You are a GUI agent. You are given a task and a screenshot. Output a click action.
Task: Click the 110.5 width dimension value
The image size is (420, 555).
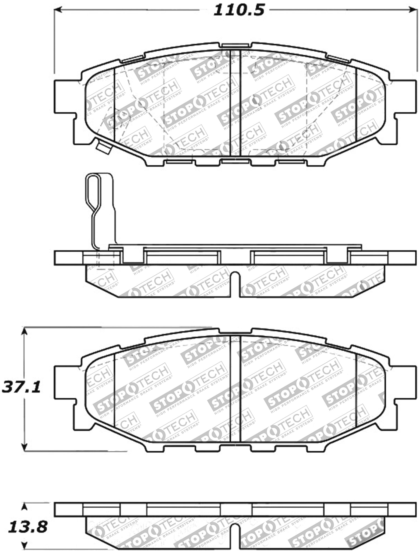click(239, 11)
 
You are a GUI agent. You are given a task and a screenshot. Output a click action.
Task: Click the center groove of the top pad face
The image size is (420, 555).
click(235, 103)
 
